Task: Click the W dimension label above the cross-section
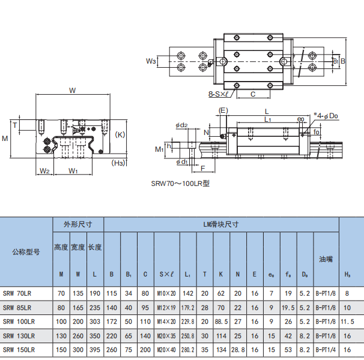tap(73, 90)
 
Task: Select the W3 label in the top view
tap(151, 61)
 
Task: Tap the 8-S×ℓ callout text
tap(219, 94)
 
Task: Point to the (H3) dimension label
tap(118, 163)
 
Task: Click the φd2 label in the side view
tap(181, 125)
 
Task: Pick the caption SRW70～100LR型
tap(180, 184)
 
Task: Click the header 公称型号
tap(26, 251)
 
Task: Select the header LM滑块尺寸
tap(221, 224)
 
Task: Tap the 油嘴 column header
tap(326, 259)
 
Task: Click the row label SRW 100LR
tap(19, 322)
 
